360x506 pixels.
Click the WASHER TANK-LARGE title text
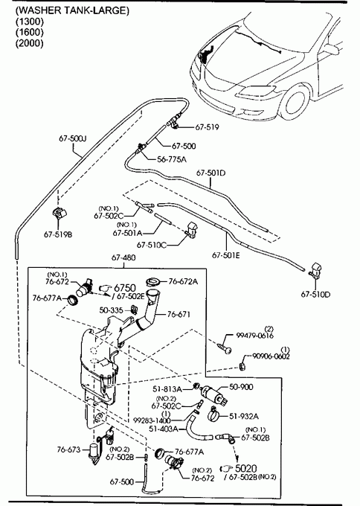(x=72, y=10)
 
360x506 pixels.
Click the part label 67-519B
(x=58, y=234)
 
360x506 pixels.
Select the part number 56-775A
(x=172, y=159)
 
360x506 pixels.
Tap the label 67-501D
(x=211, y=173)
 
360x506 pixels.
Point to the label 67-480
(x=123, y=257)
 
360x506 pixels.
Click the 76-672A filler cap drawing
(x=154, y=282)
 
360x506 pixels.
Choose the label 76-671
(x=179, y=314)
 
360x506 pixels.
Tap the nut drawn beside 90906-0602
(x=243, y=366)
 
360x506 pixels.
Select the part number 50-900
(x=241, y=387)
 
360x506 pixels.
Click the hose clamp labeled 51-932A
(x=214, y=414)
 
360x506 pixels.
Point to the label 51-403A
(x=164, y=429)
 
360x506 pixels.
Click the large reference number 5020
(x=246, y=468)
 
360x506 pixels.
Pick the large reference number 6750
(x=125, y=287)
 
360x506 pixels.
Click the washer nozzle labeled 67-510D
(x=315, y=270)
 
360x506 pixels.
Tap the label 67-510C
(x=152, y=246)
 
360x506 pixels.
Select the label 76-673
(x=68, y=449)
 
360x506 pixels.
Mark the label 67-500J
(x=73, y=138)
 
